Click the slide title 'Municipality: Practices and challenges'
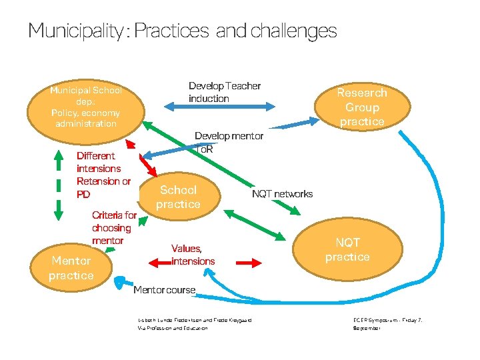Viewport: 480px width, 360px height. (x=182, y=31)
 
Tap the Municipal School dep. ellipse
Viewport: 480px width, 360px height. (x=85, y=107)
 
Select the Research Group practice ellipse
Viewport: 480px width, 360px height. (x=362, y=107)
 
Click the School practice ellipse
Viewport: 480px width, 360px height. (x=178, y=197)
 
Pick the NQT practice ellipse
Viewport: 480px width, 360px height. (x=347, y=250)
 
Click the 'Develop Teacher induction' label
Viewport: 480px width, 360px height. (x=225, y=92)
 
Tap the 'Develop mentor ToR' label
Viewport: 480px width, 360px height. (x=229, y=142)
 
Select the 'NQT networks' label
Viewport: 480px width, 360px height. (x=282, y=194)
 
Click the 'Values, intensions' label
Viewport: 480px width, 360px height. (x=193, y=255)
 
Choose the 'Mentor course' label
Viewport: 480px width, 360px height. (x=165, y=290)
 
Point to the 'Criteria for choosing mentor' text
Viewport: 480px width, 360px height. (x=114, y=227)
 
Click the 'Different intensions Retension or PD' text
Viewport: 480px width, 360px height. (x=103, y=175)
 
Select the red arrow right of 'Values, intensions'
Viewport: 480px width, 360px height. (x=249, y=264)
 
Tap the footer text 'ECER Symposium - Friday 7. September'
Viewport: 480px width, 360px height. (x=387, y=325)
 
